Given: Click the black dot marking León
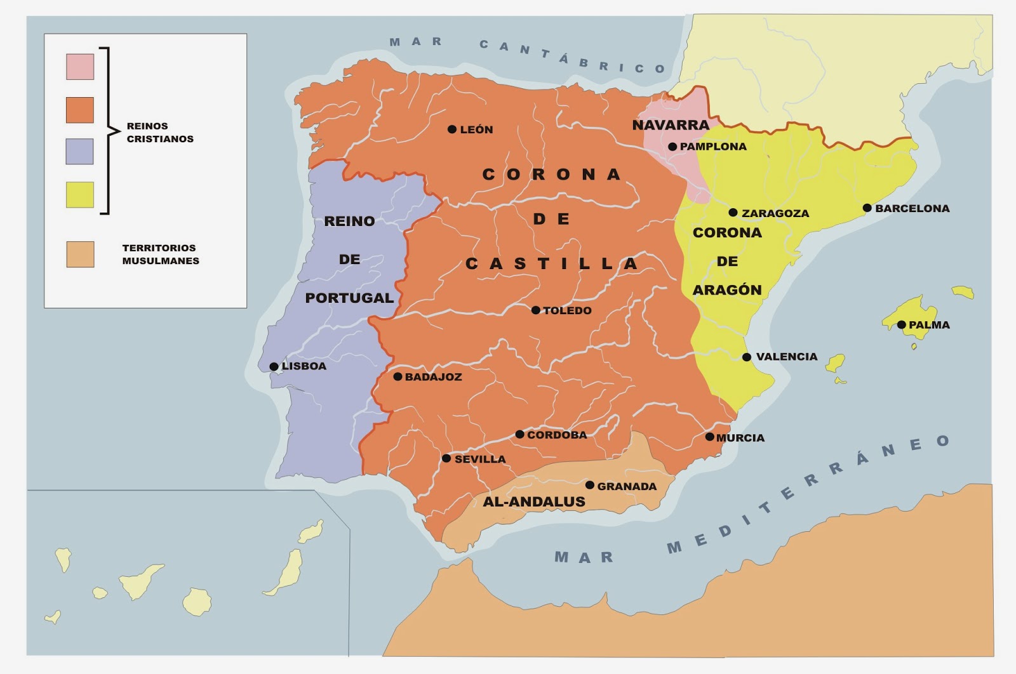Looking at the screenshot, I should pos(452,129).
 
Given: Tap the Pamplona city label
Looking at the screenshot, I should pos(712,147).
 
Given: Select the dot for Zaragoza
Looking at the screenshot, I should pos(733,213).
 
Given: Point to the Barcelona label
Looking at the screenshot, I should pos(912,208).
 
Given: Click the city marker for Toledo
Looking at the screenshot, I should pos(536,310).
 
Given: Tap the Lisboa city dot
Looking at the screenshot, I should pos(274,367).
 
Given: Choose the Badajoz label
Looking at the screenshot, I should pos(433,377).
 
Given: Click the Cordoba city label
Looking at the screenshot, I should pos(556,435).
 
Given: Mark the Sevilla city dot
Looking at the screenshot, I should pos(446,458).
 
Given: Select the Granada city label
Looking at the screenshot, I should pos(626,486).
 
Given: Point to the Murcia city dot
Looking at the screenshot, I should pos(710,437).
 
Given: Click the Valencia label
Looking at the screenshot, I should pos(786,357).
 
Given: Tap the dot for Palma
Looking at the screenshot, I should pos(901,325).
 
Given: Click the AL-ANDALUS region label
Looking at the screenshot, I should pos(534,502).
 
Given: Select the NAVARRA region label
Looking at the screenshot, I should pos(671,125).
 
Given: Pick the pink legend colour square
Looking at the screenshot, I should pos(80,67).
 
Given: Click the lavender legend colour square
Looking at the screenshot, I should pos(80,152).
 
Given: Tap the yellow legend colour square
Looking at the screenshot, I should pos(80,195).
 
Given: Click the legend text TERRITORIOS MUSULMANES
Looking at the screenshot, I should pos(161,254).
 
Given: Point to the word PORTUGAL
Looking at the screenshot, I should pos(349,298).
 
